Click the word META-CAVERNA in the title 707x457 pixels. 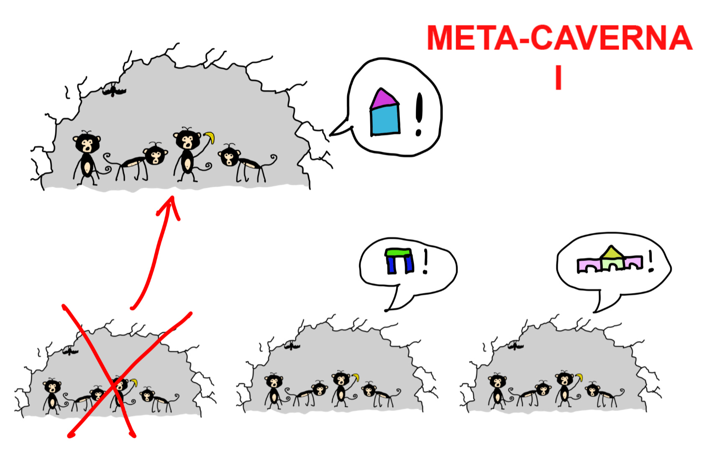tap(559, 38)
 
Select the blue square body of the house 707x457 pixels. tap(385, 120)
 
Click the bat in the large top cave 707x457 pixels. tap(114, 90)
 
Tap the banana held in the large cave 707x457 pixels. tap(210, 137)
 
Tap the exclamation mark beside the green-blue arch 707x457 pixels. tap(425, 261)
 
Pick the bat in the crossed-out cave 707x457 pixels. tap(70, 351)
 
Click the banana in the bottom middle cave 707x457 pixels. tap(356, 377)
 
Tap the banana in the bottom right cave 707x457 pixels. tap(579, 377)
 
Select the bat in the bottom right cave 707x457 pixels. tap(515, 346)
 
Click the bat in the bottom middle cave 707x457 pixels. tap(292, 346)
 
